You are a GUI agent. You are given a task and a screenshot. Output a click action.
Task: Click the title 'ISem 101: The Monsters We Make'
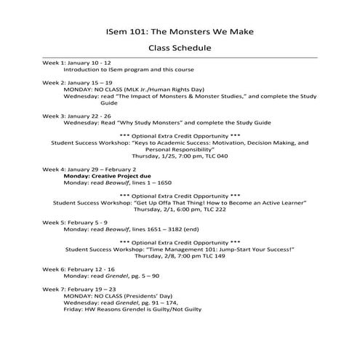coord(180,33)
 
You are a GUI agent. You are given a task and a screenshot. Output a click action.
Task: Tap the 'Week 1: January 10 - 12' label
coord(76,63)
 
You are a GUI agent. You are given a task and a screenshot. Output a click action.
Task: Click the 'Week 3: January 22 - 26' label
coord(76,116)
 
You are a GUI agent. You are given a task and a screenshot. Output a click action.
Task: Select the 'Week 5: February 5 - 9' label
coord(74,222)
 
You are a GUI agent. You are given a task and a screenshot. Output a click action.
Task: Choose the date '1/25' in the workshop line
coord(164,156)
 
